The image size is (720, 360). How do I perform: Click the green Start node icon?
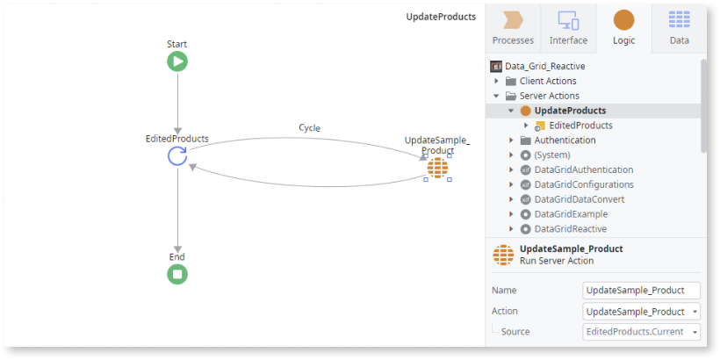177,61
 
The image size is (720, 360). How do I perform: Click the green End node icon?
177,274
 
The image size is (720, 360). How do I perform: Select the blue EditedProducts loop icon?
177,156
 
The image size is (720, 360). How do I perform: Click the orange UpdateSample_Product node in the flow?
437,168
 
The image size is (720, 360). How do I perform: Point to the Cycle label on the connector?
309,127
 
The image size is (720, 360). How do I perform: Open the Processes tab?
513,29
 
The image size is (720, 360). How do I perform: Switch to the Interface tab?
568,29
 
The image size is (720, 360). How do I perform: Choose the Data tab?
679,29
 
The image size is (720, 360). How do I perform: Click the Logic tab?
624,29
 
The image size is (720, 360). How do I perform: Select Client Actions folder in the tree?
548,82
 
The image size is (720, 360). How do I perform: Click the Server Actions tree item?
549,96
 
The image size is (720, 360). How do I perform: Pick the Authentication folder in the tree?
565,140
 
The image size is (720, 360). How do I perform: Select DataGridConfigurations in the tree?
584,184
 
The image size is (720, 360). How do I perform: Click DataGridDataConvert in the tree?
579,199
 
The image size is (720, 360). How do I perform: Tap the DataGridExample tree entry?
571,214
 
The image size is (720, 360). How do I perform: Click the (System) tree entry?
552,155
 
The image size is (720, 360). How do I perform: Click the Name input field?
642,291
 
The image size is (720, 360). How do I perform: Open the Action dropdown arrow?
695,312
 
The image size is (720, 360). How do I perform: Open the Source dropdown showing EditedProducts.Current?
642,332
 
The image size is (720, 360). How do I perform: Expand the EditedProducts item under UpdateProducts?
526,126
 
